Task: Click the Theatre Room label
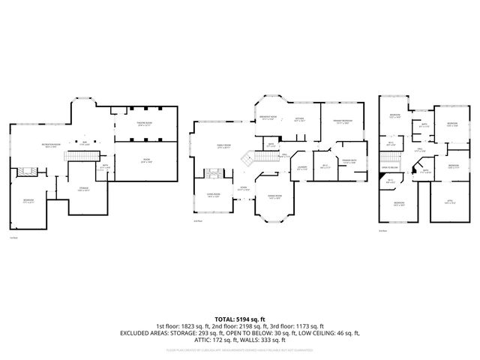[x=144, y=124]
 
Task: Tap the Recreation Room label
[x=52, y=147]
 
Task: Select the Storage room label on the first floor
[x=84, y=189]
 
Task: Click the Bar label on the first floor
[x=85, y=143]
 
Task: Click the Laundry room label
[x=303, y=168]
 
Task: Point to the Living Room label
[x=213, y=196]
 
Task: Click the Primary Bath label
[x=348, y=162]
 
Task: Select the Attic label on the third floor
[x=450, y=202]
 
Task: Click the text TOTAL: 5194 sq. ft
[x=239, y=319]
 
